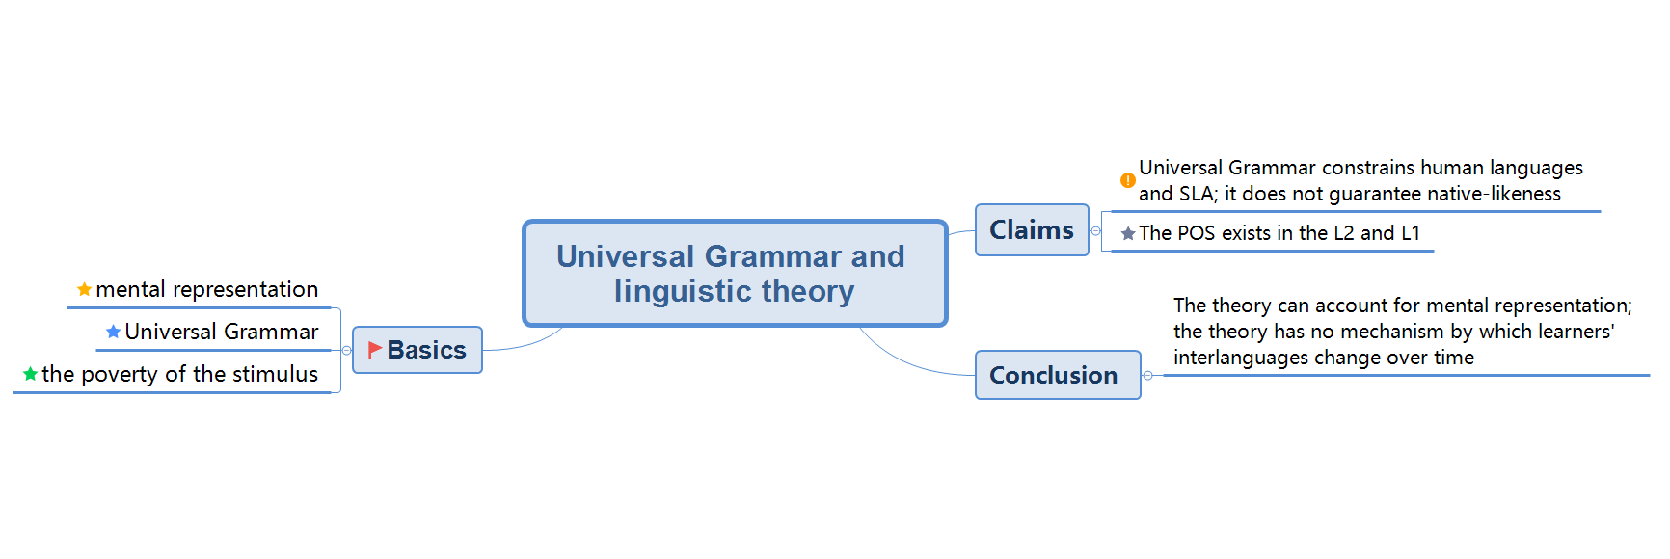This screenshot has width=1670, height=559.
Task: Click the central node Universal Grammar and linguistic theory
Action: point(734,274)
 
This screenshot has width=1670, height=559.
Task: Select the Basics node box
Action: point(417,350)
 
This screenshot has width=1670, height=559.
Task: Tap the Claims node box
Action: point(1032,230)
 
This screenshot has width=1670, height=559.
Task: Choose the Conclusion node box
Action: point(1057,375)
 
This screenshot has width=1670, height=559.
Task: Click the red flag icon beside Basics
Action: point(375,350)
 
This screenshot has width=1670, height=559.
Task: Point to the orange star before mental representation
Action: point(85,289)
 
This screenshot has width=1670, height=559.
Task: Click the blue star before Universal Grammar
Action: point(114,332)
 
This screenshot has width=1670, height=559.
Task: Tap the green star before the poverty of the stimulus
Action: point(31,374)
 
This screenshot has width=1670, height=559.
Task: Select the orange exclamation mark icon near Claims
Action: point(1127,180)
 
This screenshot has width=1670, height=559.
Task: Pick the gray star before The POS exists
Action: point(1128,233)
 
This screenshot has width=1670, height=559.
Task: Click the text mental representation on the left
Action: point(206,289)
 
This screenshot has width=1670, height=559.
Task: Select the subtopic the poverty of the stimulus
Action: point(179,374)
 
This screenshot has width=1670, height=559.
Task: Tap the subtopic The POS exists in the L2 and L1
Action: point(1279,233)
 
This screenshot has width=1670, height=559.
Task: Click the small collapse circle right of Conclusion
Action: point(1147,375)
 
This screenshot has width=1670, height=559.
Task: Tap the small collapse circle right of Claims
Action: point(1095,231)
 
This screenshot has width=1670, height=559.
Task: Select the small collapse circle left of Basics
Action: point(346,350)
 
